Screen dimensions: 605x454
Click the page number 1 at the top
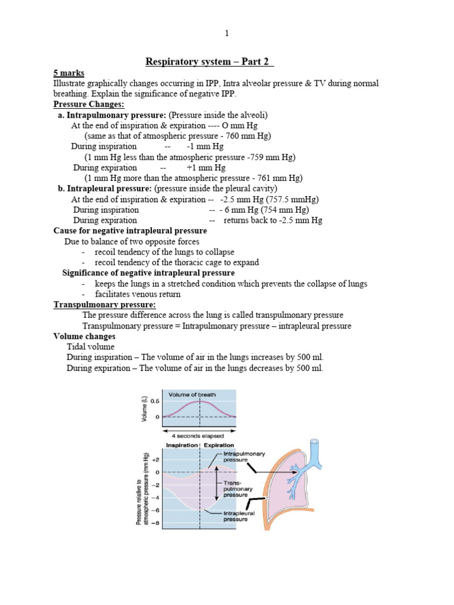(x=226, y=33)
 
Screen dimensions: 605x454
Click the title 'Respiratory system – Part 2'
(x=210, y=62)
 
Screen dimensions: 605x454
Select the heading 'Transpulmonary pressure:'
(x=105, y=305)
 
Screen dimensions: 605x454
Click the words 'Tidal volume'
(x=90, y=347)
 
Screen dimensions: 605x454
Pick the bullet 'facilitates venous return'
(x=138, y=294)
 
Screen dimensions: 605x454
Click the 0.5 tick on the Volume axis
(x=154, y=401)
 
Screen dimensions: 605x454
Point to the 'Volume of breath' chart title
(x=192, y=394)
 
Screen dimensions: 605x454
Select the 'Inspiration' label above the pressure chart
(x=181, y=445)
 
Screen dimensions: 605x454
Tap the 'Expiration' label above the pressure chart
(x=219, y=445)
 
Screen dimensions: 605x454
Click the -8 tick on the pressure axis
(x=155, y=523)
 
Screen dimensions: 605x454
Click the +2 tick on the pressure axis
(x=155, y=459)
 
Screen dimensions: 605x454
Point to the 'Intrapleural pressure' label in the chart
(x=239, y=516)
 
